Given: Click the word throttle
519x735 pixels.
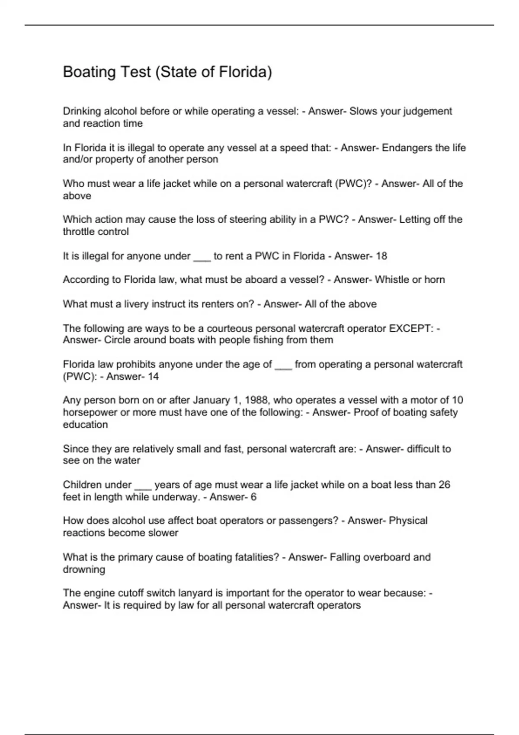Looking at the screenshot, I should [x=78, y=232].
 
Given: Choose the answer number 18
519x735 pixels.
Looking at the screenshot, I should [x=381, y=256].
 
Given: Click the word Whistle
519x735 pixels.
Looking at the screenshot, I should [x=392, y=280].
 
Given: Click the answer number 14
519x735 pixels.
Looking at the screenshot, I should [x=153, y=377].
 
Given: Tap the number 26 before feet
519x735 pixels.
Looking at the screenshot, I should [x=444, y=485].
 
